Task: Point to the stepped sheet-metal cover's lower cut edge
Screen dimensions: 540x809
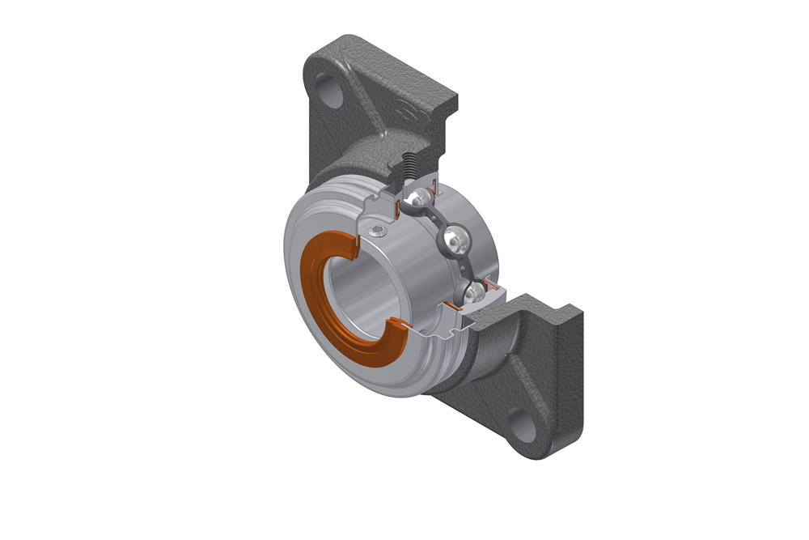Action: [x=441, y=332]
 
